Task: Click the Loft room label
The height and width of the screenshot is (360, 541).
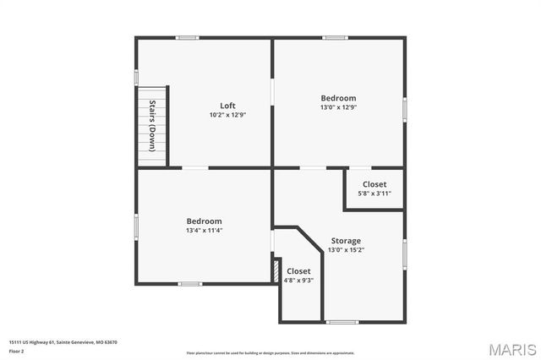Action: [227, 106]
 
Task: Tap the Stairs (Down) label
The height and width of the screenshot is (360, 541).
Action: [153, 126]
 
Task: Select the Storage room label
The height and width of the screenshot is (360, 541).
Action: [346, 241]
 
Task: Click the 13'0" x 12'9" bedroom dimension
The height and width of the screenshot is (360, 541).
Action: [338, 107]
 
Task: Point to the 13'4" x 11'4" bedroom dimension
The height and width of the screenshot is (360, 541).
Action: [204, 230]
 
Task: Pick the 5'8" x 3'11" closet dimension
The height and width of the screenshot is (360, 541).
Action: [374, 193]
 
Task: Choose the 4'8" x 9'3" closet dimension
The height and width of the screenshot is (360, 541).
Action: [298, 280]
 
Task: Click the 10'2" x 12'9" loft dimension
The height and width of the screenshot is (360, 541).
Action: [227, 115]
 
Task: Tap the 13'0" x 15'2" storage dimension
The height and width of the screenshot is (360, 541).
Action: [346, 249]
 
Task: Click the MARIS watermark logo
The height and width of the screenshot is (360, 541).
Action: [511, 349]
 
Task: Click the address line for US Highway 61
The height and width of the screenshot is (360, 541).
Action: [63, 342]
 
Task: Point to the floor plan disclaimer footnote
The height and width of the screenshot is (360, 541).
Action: [270, 352]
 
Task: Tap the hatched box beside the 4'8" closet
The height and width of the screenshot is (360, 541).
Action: [275, 270]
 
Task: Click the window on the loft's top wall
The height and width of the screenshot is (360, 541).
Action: [187, 37]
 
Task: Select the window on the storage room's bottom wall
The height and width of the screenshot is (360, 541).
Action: [342, 322]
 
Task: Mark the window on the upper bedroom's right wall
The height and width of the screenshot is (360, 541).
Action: [405, 108]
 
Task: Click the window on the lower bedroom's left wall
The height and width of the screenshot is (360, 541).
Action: [136, 226]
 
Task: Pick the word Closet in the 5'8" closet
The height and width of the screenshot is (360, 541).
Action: [374, 184]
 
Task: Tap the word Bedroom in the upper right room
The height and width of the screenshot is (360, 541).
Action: [338, 98]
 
